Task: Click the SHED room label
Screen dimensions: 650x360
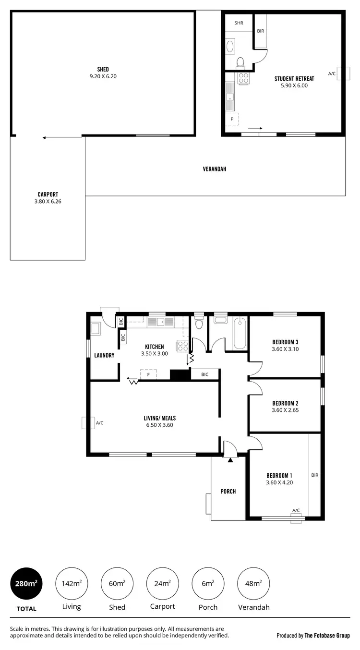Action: (103, 69)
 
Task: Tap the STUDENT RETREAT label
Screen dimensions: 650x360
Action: (294, 78)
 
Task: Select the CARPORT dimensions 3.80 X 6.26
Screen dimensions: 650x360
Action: (45, 202)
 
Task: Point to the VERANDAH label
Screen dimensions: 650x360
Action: (215, 169)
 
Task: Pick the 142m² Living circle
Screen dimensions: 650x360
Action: (71, 584)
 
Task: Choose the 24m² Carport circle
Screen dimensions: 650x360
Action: (162, 584)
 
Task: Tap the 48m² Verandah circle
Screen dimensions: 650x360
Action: (253, 584)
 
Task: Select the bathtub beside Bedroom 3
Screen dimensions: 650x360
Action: (239, 333)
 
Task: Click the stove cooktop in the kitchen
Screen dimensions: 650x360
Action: (182, 346)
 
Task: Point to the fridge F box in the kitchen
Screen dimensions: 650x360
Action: (148, 374)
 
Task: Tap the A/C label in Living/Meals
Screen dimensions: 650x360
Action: (100, 423)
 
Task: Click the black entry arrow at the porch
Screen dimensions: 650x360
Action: (230, 460)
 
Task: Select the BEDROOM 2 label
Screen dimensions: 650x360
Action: (285, 403)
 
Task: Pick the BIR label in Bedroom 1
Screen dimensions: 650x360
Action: (315, 475)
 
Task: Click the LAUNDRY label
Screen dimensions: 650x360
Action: (104, 355)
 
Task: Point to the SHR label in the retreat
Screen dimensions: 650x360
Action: (239, 23)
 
